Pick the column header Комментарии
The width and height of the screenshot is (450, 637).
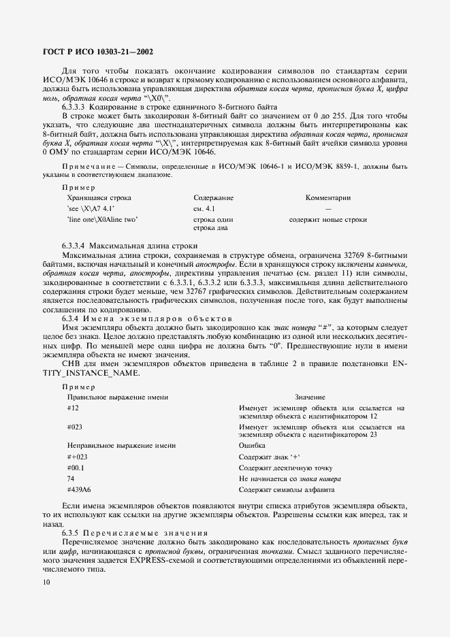tap(328, 197)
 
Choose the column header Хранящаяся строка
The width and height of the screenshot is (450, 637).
tap(99, 197)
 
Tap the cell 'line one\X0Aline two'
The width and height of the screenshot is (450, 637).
tap(103, 220)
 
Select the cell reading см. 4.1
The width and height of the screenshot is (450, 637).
tap(204, 208)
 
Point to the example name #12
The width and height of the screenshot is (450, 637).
tap(74, 408)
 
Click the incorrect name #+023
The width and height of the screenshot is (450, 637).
tap(78, 457)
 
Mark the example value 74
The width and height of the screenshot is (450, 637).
tap(71, 479)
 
